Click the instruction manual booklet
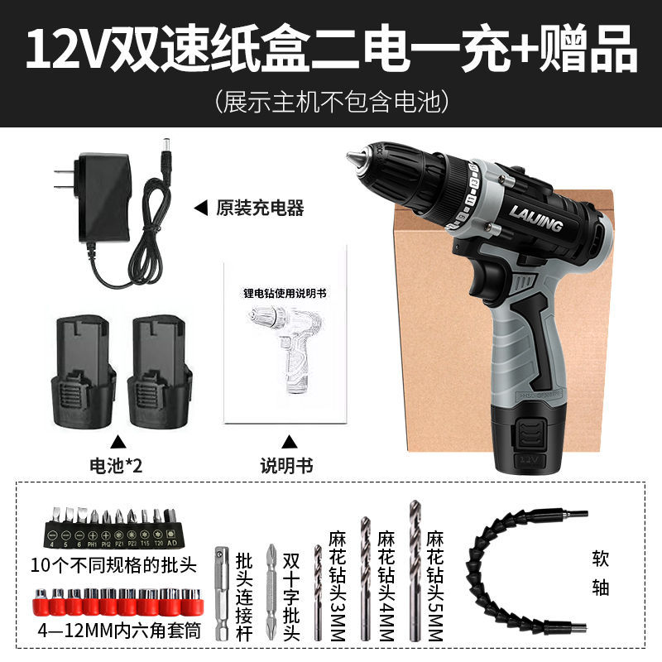[285, 343]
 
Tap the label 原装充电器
[259, 209]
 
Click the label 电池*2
[117, 465]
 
